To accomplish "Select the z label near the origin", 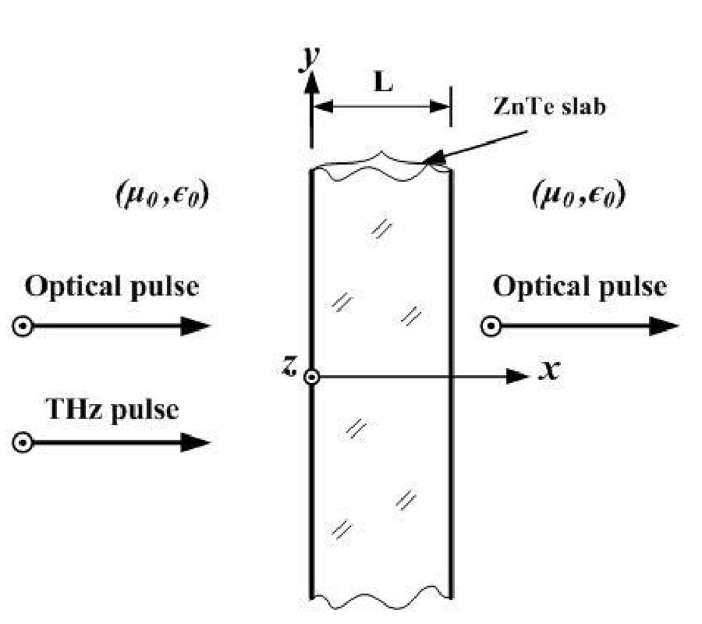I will tap(288, 367).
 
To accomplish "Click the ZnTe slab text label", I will tap(549, 107).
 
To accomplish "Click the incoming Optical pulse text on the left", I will tap(112, 287).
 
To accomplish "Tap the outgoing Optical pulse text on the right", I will tap(580, 287).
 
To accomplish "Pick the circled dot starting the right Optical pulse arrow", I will tap(491, 327).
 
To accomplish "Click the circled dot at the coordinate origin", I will tap(311, 378).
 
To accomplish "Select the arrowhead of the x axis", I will tap(519, 378).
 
